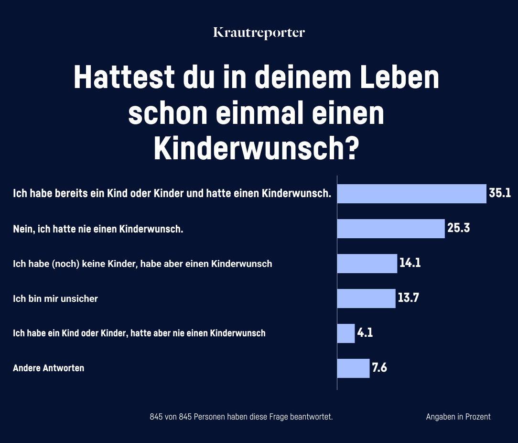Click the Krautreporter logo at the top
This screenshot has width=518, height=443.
click(259, 33)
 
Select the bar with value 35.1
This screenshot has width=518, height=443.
click(411, 194)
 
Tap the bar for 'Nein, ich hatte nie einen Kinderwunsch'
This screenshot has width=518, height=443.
click(391, 229)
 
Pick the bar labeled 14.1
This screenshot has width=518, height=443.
click(367, 263)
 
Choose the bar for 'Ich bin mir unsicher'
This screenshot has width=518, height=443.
click(366, 299)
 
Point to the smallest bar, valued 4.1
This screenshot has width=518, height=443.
click(346, 333)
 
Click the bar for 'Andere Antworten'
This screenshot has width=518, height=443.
click(353, 368)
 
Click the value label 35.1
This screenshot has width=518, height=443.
click(500, 193)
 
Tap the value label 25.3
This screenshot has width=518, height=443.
click(459, 228)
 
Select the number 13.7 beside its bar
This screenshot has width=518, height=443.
click(408, 299)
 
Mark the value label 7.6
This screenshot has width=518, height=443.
click(379, 368)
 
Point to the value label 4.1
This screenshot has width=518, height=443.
click(365, 333)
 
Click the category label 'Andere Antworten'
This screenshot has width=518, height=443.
click(48, 368)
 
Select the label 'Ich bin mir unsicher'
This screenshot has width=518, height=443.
click(55, 299)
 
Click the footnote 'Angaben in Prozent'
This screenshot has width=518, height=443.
click(458, 417)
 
